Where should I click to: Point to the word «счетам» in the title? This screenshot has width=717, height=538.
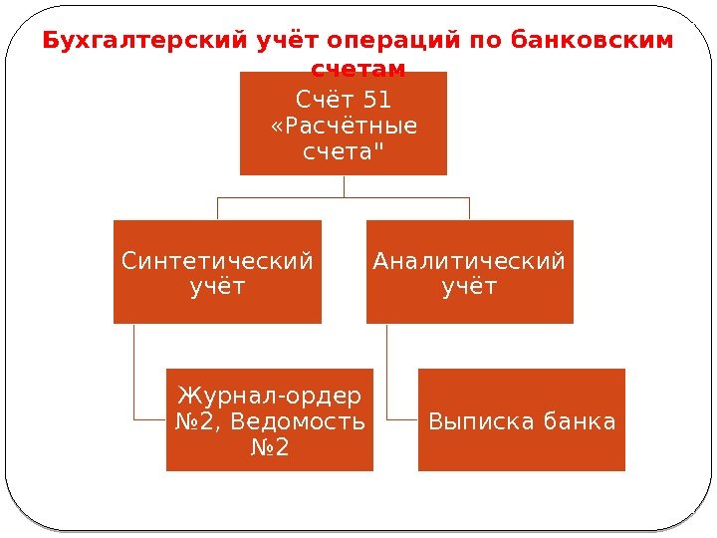coord(358,69)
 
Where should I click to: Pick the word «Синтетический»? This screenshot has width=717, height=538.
coord(217,261)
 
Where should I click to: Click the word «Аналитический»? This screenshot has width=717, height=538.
coord(469,261)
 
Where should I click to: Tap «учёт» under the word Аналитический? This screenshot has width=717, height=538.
coord(469,287)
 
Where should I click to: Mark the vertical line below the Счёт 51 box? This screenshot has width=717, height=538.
coord(344,185)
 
